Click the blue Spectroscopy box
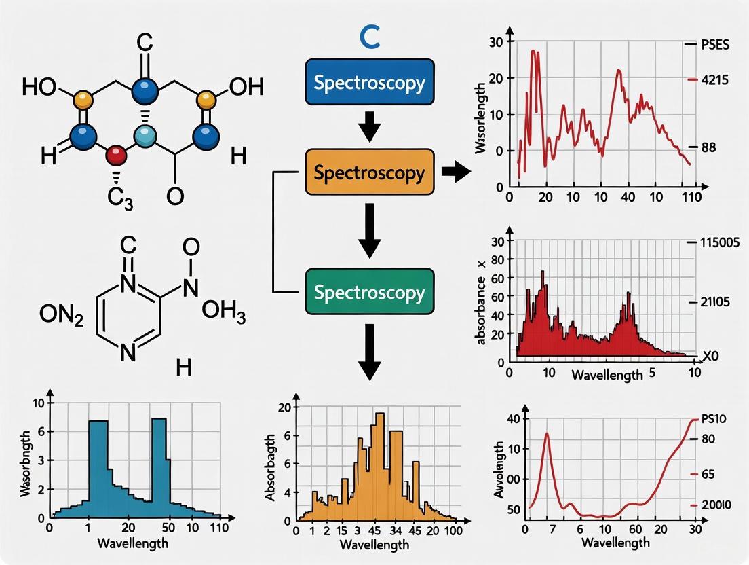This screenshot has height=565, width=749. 370,83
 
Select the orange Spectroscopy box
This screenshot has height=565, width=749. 370,172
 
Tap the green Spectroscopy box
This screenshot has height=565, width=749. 370,293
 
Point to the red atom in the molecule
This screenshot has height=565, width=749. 117,154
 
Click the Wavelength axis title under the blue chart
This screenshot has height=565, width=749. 132,543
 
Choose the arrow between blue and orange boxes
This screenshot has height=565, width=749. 370,128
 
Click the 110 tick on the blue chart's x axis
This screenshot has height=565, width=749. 218,528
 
